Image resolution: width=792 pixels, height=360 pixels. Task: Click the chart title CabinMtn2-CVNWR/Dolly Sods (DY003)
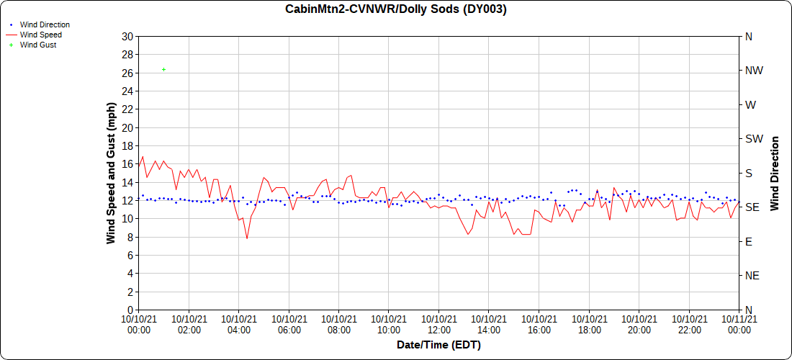[396, 9]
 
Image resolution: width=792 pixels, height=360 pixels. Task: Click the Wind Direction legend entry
[45, 24]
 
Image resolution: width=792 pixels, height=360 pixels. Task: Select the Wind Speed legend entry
[40, 35]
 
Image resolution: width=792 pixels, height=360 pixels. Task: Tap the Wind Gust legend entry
[38, 45]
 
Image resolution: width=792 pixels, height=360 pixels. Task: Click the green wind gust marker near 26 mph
[164, 69]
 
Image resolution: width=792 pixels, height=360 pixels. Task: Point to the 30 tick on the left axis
[128, 36]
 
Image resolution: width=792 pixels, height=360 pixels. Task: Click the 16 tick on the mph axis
[128, 164]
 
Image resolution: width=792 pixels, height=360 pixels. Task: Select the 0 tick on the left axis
[130, 310]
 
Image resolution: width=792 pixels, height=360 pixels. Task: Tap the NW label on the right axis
[754, 71]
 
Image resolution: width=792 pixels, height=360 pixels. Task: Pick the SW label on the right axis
[754, 139]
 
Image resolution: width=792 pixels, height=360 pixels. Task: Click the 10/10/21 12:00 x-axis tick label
[439, 324]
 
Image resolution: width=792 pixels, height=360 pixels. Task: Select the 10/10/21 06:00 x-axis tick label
[289, 324]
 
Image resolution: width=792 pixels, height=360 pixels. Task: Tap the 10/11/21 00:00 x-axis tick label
[739, 324]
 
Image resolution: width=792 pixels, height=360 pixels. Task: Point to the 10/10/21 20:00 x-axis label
[639, 324]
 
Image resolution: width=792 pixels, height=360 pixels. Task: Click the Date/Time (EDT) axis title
[438, 345]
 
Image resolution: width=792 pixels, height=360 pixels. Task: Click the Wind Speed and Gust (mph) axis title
[111, 173]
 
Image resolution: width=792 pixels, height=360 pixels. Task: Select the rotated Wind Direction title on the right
[775, 173]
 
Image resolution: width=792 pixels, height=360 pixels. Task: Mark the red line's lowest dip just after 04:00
[247, 238]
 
